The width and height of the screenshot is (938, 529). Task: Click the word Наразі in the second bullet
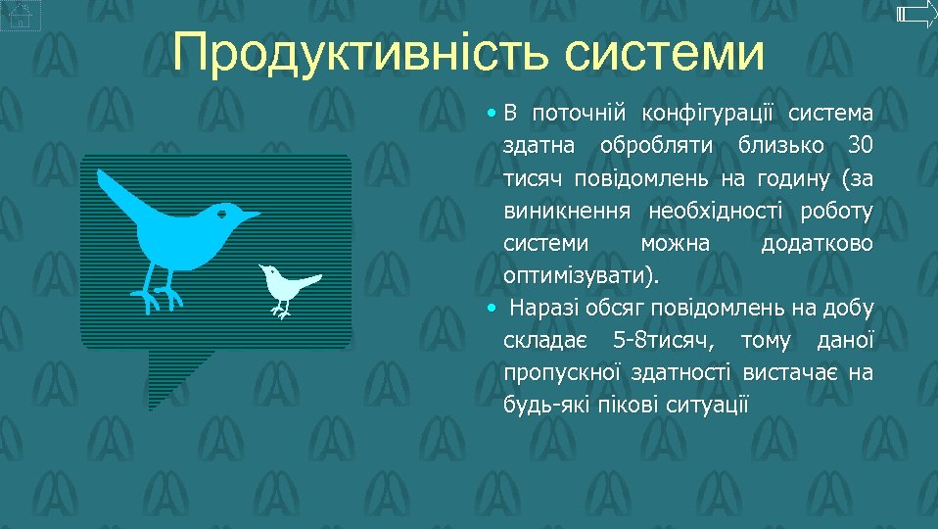543,309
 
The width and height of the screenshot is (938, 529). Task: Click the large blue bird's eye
223,213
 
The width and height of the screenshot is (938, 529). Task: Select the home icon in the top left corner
21,15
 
